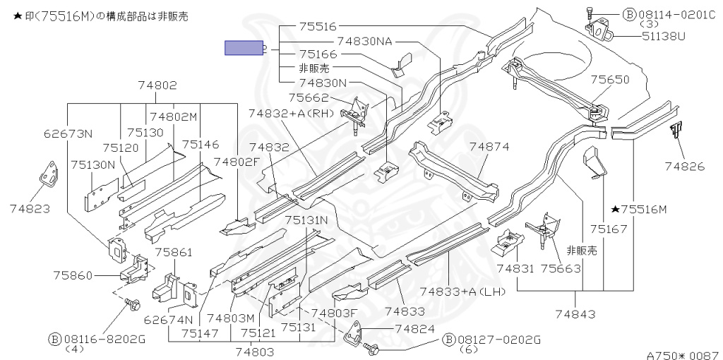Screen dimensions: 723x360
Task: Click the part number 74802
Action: click(x=157, y=85)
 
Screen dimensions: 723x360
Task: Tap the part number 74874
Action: click(x=489, y=147)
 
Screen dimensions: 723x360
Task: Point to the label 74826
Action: click(x=685, y=167)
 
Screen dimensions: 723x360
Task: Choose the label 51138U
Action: click(x=664, y=36)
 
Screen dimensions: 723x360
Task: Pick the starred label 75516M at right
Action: click(x=639, y=210)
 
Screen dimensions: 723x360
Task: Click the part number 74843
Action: click(x=575, y=314)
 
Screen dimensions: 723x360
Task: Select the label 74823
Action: click(x=30, y=209)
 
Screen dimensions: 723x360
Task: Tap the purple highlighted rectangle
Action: click(x=244, y=48)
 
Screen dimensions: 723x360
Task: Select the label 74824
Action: click(x=415, y=329)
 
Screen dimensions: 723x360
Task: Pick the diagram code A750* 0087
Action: click(x=684, y=355)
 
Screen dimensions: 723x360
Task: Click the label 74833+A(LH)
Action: click(x=463, y=292)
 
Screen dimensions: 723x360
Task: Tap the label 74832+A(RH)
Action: click(x=291, y=114)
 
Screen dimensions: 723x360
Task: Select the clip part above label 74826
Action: click(x=676, y=130)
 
